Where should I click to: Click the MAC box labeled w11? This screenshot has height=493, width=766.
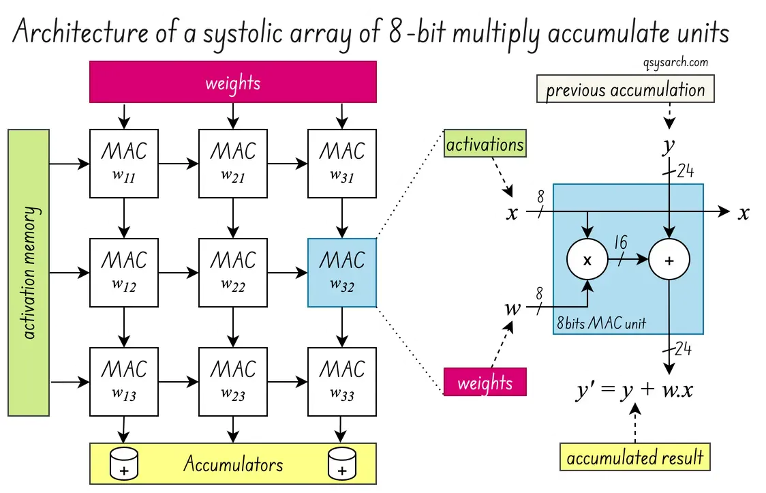pyautogui.click(x=124, y=164)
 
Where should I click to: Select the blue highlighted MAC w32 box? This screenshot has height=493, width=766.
pyautogui.click(x=342, y=273)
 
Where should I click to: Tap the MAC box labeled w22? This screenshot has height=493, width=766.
pyautogui.click(x=233, y=273)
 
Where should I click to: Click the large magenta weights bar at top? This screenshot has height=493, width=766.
pyautogui.click(x=233, y=82)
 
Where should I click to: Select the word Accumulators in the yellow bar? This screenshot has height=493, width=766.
pyautogui.click(x=233, y=464)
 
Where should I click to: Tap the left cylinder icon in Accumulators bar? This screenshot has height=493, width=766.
pyautogui.click(x=124, y=464)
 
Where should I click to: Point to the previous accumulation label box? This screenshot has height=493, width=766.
pyautogui.click(x=625, y=90)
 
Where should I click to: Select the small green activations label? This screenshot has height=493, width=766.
pyautogui.click(x=485, y=145)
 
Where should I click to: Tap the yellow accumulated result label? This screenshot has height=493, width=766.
pyautogui.click(x=634, y=458)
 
